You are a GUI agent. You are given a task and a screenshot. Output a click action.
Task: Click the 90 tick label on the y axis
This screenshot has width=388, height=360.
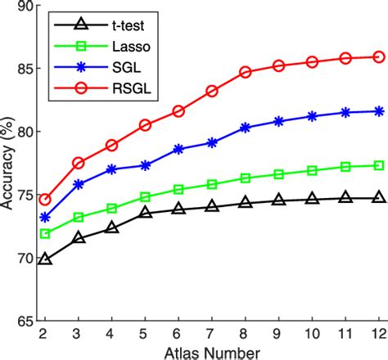(24, 6)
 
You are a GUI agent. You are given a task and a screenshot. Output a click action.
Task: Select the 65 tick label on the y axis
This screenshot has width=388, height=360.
(24, 322)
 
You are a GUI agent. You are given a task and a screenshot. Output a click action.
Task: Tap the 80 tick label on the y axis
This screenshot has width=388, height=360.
(24, 132)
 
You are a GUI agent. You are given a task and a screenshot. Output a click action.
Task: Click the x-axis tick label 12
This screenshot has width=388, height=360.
(379, 334)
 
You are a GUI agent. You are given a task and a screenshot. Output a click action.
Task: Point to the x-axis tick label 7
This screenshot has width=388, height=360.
(212, 334)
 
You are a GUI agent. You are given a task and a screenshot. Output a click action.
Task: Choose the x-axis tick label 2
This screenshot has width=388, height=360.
(45, 334)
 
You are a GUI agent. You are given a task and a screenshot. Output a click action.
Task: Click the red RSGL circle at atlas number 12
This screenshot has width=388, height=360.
(379, 56)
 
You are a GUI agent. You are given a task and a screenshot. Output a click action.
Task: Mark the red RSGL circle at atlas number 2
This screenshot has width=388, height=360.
(45, 200)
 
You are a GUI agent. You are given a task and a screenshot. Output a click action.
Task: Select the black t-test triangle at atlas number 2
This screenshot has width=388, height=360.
(45, 259)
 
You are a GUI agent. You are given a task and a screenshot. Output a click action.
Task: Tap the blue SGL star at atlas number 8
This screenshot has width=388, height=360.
(246, 128)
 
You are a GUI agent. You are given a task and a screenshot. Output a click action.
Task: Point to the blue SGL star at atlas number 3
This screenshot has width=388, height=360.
(79, 184)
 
